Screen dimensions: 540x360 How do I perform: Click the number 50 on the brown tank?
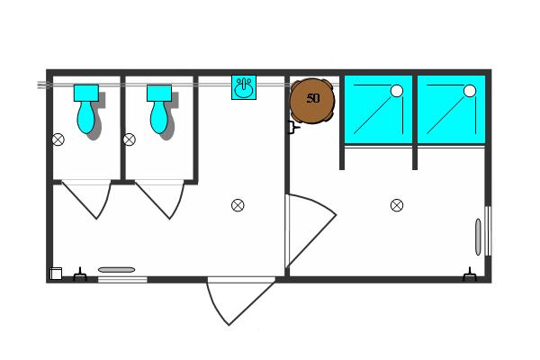click(312, 98)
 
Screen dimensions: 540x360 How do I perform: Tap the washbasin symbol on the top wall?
click(244, 87)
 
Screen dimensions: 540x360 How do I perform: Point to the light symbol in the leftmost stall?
click(58, 139)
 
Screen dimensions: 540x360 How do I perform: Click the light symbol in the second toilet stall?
click(129, 139)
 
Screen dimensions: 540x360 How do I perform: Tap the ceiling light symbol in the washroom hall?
click(238, 205)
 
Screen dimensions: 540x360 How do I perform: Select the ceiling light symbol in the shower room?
click(397, 205)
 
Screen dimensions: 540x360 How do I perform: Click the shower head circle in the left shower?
click(397, 91)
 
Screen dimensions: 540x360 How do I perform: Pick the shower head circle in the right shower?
click(470, 91)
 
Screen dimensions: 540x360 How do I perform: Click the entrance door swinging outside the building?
click(241, 301)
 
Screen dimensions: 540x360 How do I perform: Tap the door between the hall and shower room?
click(310, 230)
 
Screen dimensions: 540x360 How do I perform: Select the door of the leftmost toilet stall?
click(86, 200)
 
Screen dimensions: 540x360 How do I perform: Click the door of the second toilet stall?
click(159, 200)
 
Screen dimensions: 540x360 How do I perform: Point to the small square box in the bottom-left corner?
click(56, 274)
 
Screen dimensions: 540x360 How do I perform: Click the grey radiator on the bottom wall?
click(116, 270)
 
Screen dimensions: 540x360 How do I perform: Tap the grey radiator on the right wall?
click(478, 237)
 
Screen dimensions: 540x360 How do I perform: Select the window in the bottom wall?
click(122, 280)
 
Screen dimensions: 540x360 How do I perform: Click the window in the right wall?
click(488, 231)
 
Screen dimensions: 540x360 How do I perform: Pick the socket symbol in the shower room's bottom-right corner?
click(470, 274)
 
